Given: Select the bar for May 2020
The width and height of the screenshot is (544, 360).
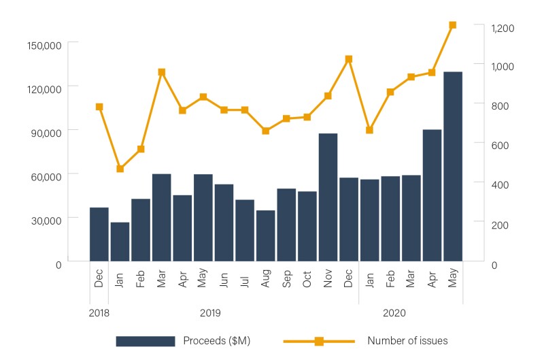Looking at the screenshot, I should point(453,166).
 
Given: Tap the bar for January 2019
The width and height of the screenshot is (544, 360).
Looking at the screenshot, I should point(120,241).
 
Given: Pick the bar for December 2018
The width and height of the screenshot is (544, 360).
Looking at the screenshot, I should point(99,233).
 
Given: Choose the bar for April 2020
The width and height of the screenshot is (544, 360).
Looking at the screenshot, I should point(432,195).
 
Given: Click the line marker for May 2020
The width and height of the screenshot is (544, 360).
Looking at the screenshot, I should point(453,25).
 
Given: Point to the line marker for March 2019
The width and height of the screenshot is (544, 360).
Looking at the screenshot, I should point(162,72).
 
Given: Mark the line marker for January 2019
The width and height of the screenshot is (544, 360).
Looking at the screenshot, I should point(120,169).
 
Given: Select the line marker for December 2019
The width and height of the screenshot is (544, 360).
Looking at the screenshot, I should point(349,59).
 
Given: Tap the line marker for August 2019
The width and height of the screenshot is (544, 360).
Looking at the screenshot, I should point(266,131).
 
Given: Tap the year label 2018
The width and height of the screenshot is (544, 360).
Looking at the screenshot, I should point(99,313).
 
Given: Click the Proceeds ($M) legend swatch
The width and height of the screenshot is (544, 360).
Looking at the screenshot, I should point(145,341).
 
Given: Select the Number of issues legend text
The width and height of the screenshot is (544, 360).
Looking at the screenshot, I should point(407,341).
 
